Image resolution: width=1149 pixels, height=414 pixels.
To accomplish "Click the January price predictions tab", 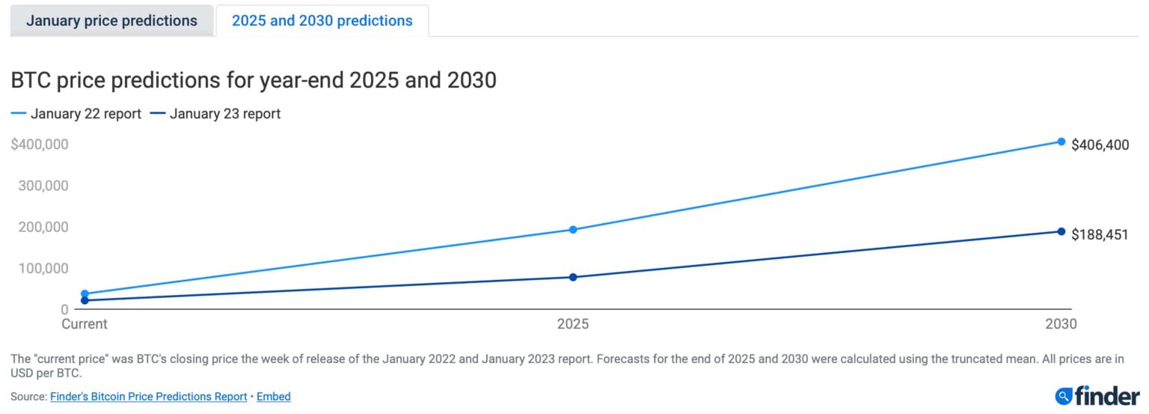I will pos(111,20).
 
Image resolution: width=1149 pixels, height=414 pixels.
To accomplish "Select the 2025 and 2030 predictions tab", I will pos(322,20).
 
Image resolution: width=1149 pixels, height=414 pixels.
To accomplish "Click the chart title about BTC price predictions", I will pos(254,79).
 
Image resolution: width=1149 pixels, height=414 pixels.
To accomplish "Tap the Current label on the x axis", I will pos(84,324).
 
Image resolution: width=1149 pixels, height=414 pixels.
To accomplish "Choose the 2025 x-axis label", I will pos(573,324).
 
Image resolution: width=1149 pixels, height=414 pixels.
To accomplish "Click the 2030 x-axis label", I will pos(1061,324).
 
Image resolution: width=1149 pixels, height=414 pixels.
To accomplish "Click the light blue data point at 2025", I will pos(573,230).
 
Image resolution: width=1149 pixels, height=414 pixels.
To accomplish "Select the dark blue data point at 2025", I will pos(573,277).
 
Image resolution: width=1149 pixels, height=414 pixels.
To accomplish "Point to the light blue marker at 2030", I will pos(1061,141).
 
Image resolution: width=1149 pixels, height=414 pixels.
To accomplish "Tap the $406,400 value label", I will pos(1100,145).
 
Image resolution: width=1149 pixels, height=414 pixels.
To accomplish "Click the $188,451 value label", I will pos(1100,235).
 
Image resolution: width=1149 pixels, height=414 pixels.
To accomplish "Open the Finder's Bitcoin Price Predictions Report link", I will pos(148,396).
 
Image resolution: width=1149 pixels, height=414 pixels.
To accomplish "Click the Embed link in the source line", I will pos(274,396).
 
